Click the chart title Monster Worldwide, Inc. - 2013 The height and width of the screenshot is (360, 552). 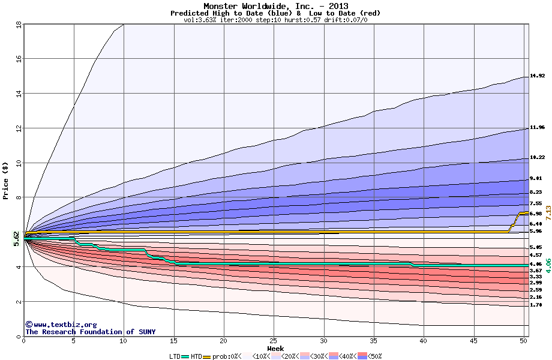(275, 6)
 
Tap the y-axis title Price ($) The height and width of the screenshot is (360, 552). (5, 180)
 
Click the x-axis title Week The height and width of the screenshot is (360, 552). (275, 348)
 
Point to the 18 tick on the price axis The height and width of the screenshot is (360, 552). (18, 25)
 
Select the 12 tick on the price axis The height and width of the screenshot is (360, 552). (18, 128)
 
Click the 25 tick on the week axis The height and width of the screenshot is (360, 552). (274, 341)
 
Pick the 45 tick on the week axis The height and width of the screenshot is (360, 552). (473, 341)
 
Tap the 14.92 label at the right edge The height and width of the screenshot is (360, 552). (537, 76)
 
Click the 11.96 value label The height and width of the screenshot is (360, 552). (537, 128)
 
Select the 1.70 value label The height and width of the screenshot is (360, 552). (536, 305)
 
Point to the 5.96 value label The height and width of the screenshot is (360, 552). (536, 231)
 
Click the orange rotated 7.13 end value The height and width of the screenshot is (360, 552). (547, 217)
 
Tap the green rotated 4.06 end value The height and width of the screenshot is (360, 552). (547, 266)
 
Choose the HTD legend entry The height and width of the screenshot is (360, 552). (196, 356)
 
